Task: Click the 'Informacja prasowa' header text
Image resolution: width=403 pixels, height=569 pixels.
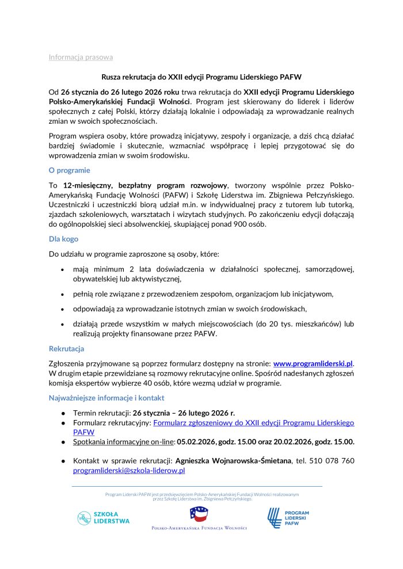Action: [81, 57]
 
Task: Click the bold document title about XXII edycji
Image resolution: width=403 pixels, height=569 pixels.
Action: [201, 77]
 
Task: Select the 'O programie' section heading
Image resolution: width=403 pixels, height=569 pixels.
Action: [69, 170]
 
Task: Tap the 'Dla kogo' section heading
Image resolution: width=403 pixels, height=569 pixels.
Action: [63, 239]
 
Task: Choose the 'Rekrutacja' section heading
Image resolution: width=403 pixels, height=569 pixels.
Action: [66, 349]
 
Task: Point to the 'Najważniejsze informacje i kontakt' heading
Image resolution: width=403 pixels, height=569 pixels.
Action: [107, 398]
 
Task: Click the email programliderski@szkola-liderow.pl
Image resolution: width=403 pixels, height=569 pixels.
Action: [129, 470]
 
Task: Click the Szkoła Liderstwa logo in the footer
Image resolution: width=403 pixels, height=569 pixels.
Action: [104, 517]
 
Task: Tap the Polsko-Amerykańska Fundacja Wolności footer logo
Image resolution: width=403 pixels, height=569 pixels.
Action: [199, 517]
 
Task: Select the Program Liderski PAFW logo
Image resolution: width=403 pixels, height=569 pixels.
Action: [288, 517]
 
